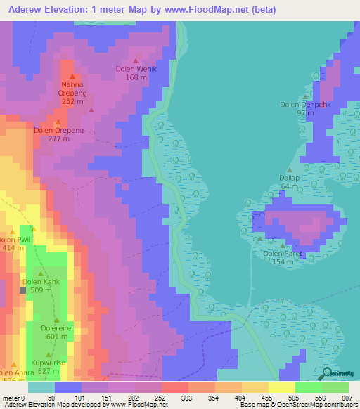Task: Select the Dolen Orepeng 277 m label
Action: (x=59, y=134)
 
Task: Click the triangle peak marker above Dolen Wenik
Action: (x=136, y=60)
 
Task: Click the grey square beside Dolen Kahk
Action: (x=23, y=289)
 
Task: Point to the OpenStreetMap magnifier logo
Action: (x=329, y=374)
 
